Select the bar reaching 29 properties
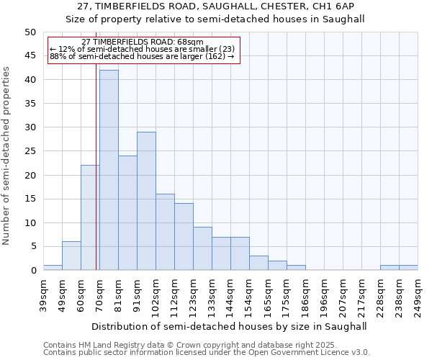pyautogui.click(x=146, y=201)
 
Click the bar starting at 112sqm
pyautogui.click(x=184, y=237)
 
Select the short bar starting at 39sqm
pyautogui.click(x=53, y=268)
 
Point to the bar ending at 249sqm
pyautogui.click(x=408, y=268)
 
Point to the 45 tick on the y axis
pyautogui.click(x=30, y=56)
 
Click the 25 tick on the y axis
pyautogui.click(x=30, y=151)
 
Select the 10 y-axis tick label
pyautogui.click(x=30, y=223)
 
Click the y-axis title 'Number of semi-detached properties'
pyautogui.click(x=7, y=156)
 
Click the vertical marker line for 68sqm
pyautogui.click(x=96, y=180)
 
